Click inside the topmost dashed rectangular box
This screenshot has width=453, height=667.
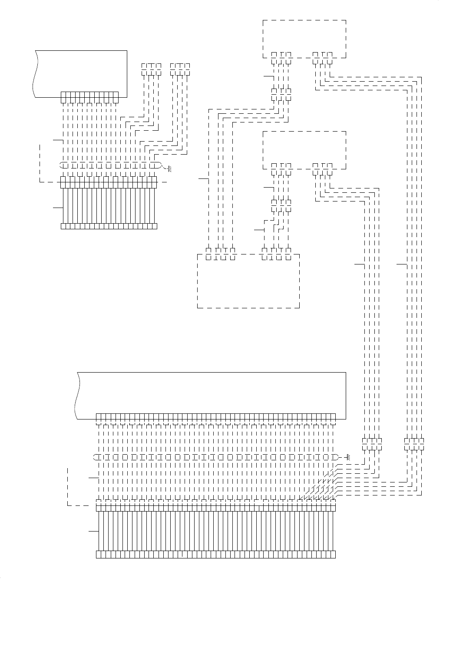point(304,37)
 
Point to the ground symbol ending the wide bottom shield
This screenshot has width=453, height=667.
point(347,457)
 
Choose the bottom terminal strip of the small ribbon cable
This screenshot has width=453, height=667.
point(109,226)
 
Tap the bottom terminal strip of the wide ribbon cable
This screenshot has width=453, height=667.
point(216,555)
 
